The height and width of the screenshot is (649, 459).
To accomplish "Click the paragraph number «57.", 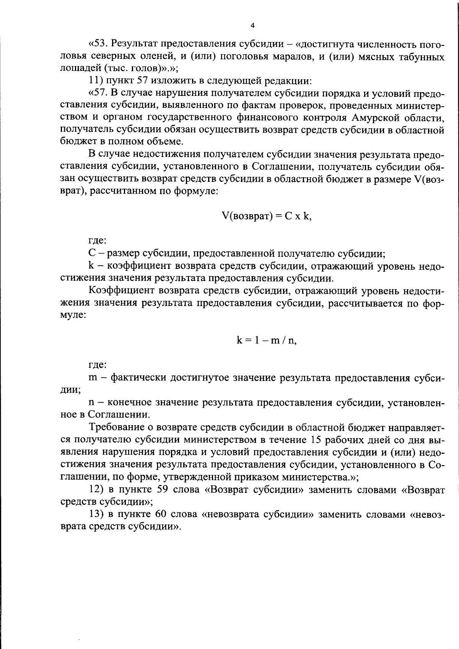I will click(x=98, y=94).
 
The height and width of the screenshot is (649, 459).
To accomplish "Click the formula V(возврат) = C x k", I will click(x=266, y=216).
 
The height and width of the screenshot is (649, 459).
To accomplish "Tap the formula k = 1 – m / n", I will click(x=266, y=340).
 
